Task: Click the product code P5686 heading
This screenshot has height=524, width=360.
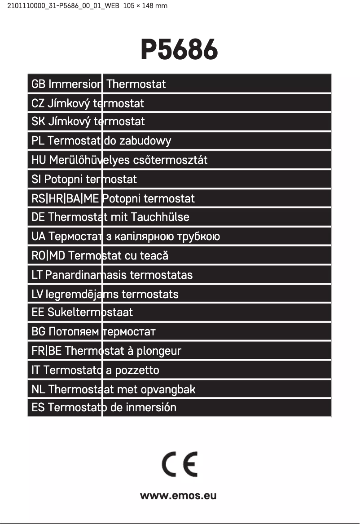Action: click(x=180, y=49)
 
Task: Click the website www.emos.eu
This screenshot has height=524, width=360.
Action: click(x=178, y=496)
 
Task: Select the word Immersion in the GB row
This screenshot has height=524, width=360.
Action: click(x=75, y=84)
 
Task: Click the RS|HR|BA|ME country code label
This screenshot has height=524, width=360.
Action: click(x=65, y=198)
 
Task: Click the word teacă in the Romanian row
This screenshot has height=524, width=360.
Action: click(x=154, y=256)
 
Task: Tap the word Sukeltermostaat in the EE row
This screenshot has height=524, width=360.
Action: click(x=90, y=313)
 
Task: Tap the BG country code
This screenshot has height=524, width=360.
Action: click(x=38, y=332)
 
